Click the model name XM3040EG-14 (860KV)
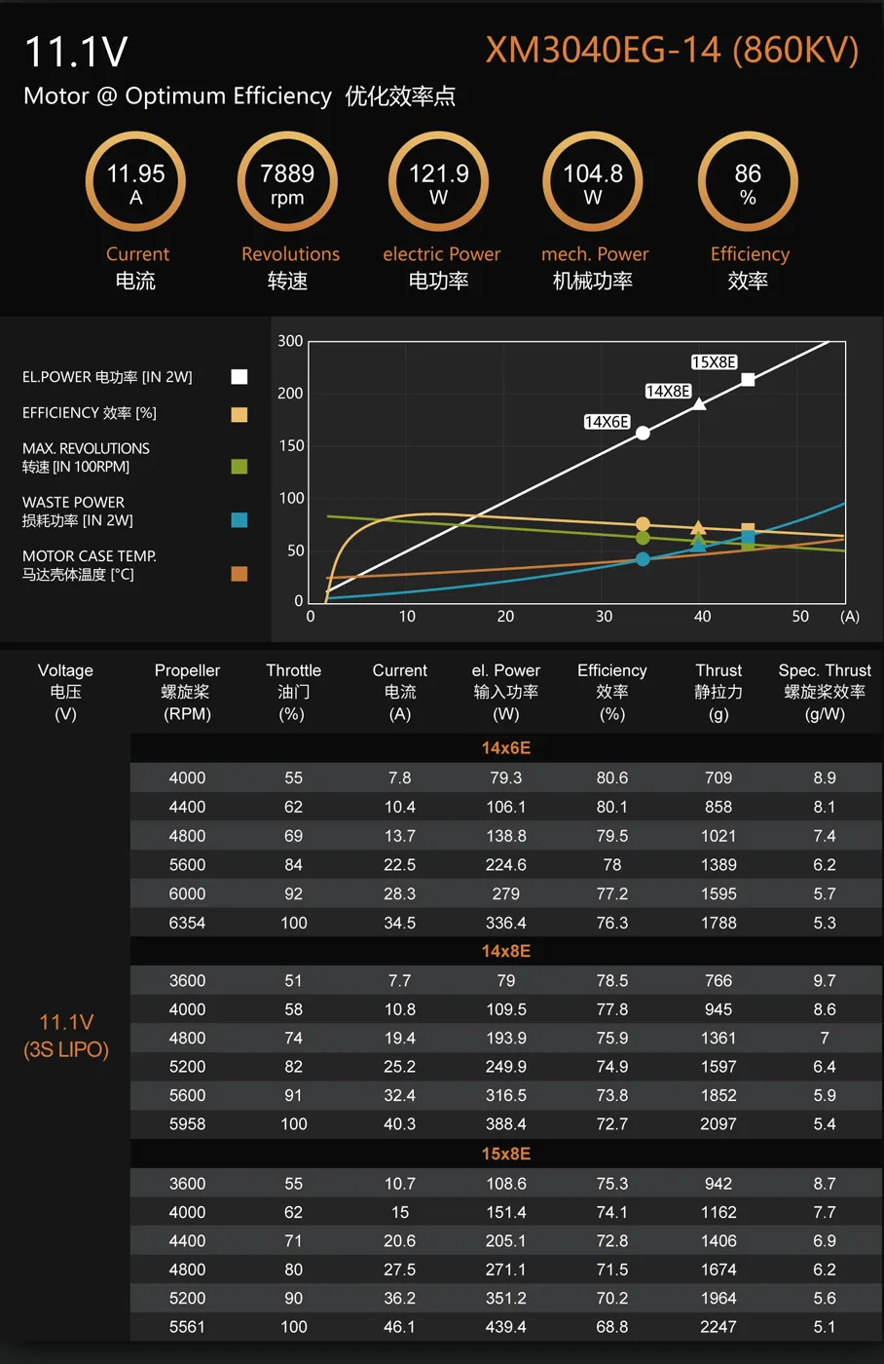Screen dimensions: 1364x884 pos(672,51)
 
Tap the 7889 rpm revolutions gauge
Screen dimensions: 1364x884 pos(287,183)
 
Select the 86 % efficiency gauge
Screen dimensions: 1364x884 pos(748,183)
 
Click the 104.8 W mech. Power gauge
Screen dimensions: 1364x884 pos(593,183)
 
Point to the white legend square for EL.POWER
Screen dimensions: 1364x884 pos(239,377)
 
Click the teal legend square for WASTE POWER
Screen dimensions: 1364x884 pos(239,520)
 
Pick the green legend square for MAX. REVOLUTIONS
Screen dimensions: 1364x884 pos(239,467)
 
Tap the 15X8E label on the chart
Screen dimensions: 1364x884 pos(714,362)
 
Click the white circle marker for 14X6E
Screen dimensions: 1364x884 pos(643,433)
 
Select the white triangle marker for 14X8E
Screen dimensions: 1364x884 pos(699,403)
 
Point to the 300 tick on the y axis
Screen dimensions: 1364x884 pos(290,341)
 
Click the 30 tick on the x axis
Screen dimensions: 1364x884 pos(605,617)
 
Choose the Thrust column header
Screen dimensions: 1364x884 pos(718,691)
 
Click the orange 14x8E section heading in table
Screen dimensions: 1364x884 pos(506,951)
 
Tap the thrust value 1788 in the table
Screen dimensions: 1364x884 pos(718,923)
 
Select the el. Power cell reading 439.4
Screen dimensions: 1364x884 pos(506,1327)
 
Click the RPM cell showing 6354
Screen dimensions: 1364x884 pos(187,923)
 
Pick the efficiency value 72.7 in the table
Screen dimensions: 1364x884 pos(612,1124)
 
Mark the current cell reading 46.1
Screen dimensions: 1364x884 pos(400,1327)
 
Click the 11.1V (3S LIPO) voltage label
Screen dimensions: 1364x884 pos(66,1036)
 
